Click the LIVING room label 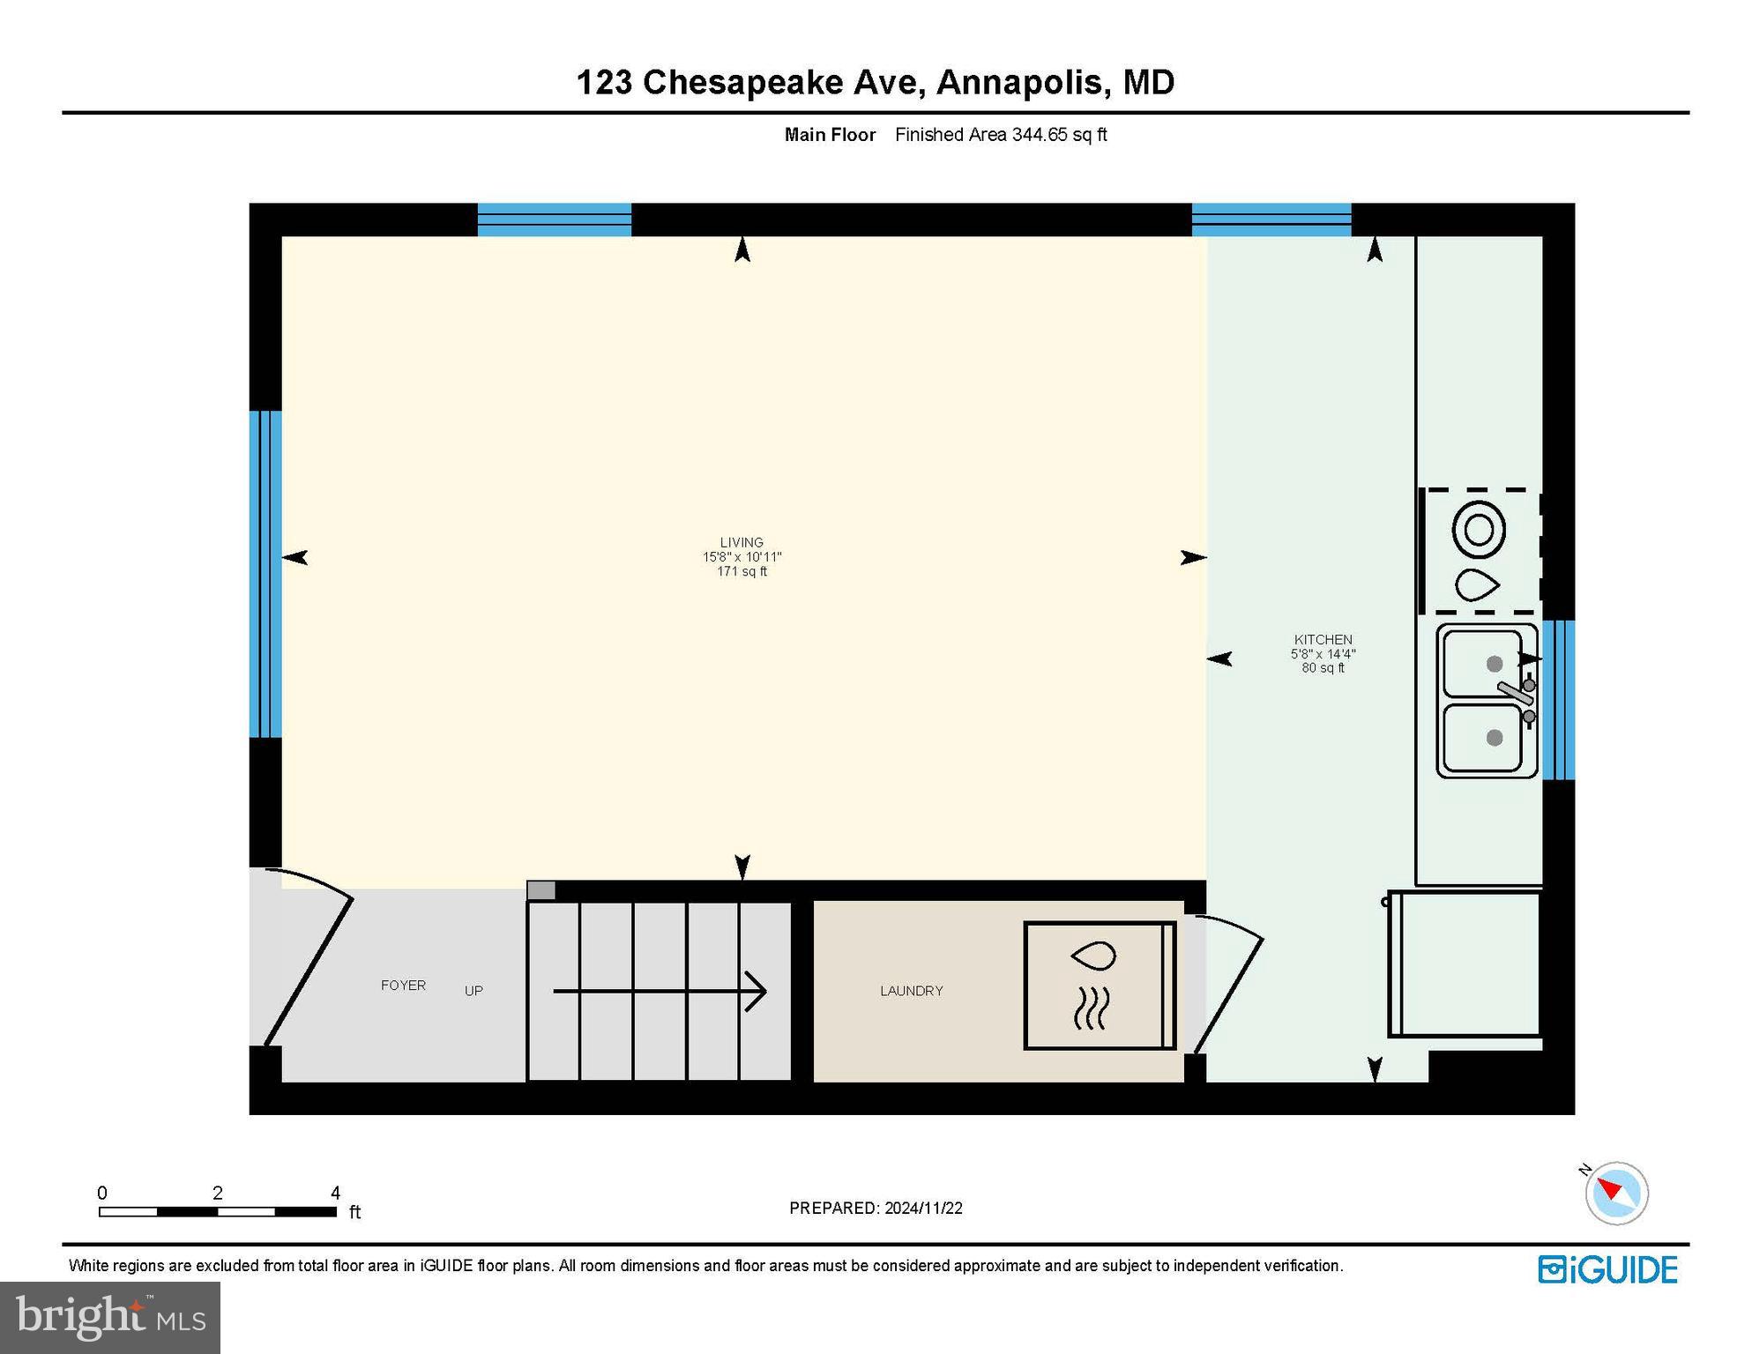pos(741,543)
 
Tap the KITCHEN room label pos(1323,640)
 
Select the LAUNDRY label pos(911,991)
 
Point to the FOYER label pos(403,986)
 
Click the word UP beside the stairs pos(473,991)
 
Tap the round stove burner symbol pos(1479,530)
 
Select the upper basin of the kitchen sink pos(1481,663)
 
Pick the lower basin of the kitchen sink pos(1481,739)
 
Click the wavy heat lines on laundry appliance pos(1091,1008)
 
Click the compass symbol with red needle pos(1616,1193)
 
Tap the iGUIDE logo pos(1607,1270)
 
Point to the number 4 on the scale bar pos(335,1193)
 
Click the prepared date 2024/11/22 pos(923,1208)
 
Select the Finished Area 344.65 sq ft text pos(1000,135)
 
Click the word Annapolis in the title pos(1019,82)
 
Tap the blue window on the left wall pos(265,574)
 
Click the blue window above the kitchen pos(1271,219)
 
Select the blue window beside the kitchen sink pos(1558,700)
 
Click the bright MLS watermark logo pos(110,1317)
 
